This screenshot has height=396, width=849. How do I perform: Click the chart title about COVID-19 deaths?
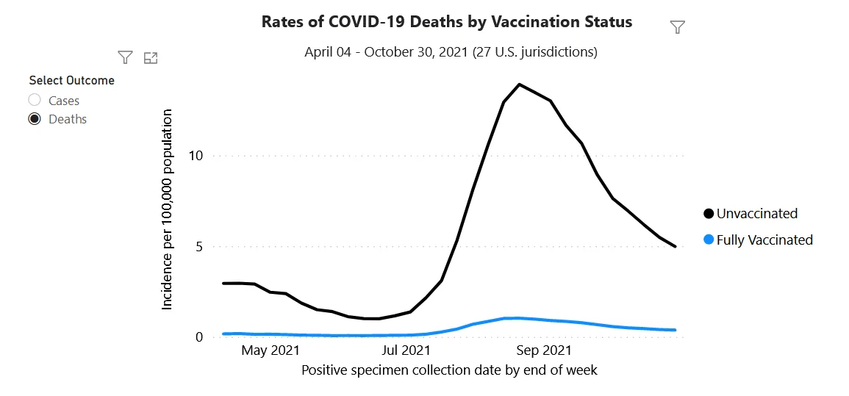pos(447,21)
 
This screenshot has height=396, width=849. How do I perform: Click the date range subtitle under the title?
pos(451,52)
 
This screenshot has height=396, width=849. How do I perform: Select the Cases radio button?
pos(35,100)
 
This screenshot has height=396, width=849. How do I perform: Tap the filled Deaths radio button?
pos(35,119)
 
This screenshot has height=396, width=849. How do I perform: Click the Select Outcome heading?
pos(72,81)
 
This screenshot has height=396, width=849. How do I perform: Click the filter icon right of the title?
pos(677,27)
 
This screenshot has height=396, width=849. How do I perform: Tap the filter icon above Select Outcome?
pos(126,57)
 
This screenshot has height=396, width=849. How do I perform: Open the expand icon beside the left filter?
pos(151,57)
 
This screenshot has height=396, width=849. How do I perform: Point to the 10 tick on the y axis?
pos(195,156)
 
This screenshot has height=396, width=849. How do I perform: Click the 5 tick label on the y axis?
pos(198,247)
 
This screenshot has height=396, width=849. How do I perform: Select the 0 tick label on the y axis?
pos(198,337)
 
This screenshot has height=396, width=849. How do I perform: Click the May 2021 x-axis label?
pos(271,350)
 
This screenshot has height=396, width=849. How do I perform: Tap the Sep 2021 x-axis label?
pos(544,350)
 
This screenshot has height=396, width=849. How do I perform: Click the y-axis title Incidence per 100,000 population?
pos(168,210)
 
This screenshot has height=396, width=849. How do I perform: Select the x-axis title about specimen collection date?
pos(449,370)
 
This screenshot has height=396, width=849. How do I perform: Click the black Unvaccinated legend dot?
pos(709,213)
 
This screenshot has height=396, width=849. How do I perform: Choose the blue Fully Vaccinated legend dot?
pos(709,239)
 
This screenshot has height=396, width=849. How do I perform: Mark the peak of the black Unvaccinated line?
pos(519,84)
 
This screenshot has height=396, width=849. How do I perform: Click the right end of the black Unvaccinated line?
pos(676,246)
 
